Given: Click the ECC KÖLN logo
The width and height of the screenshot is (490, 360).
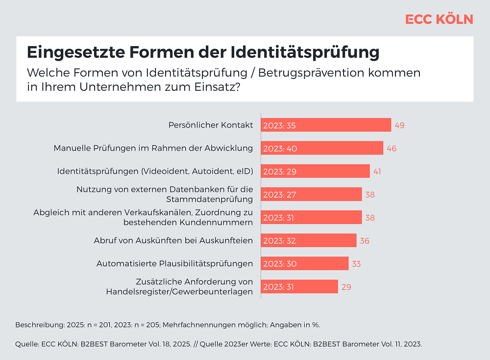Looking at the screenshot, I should coord(439,19).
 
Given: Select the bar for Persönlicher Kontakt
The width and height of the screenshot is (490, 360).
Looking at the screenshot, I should coord(326,125).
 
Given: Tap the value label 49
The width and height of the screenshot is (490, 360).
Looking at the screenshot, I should coord(399,125).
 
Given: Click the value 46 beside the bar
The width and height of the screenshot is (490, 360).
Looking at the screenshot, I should coord(391,148).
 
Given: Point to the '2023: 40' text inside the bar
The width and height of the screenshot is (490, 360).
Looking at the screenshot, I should coord(279,148).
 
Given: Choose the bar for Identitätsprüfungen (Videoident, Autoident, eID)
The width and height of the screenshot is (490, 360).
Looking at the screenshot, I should coord(315,171).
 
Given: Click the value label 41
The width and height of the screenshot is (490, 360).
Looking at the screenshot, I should coord(377,171).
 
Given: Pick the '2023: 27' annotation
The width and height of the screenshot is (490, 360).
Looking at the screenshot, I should coord(279,194).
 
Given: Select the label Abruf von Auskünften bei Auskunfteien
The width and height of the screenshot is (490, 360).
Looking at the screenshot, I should coord(173,240).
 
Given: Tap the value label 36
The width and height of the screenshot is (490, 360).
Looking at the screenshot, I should coord(364,241).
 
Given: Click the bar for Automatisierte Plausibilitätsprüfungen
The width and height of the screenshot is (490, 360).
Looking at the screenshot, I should coord(304,263).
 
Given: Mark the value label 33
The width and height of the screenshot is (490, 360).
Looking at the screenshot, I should coord(356,264).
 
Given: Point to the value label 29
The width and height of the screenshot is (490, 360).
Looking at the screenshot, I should coord(346,287).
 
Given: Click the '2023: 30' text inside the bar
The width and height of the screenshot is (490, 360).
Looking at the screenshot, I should coord(279,264).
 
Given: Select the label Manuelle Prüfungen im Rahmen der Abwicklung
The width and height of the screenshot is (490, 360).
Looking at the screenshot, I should coord(153,148).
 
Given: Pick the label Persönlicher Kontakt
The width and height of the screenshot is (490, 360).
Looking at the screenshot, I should coord(211,125).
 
